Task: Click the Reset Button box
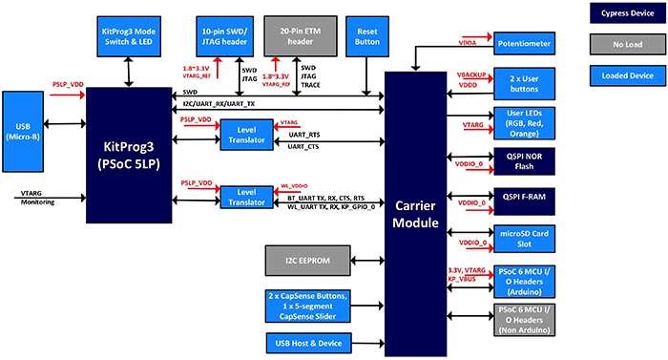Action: (x=365, y=36)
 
